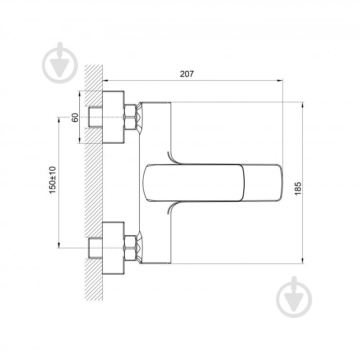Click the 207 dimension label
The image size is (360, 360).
[x=187, y=74]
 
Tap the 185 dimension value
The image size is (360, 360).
[x=298, y=188]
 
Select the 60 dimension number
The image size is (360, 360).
[x=75, y=118]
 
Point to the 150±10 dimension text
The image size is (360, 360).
[x=53, y=180]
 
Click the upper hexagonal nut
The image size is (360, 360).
[x=130, y=117]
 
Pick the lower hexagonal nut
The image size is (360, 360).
[x=130, y=248]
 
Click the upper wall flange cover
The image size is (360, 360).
[x=113, y=117]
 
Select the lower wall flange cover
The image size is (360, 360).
[x=113, y=248]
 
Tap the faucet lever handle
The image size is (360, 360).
[x=212, y=183]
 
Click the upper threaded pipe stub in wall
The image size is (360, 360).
[x=95, y=117]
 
